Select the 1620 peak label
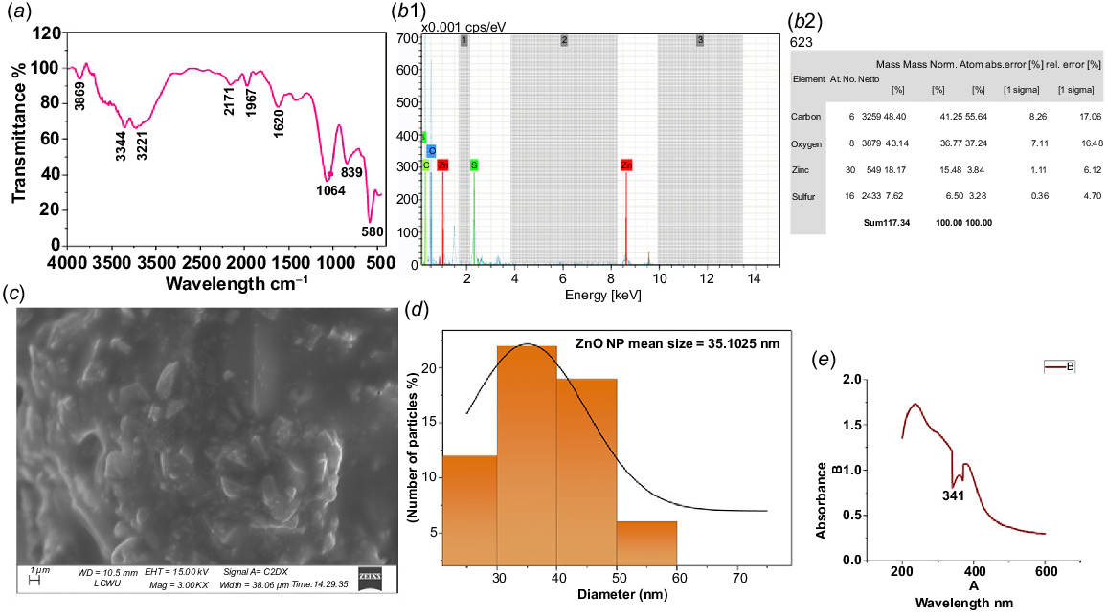279,122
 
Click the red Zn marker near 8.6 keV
626,165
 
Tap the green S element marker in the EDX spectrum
474,165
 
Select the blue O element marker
432,151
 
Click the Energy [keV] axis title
587,295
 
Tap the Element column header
808,77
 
